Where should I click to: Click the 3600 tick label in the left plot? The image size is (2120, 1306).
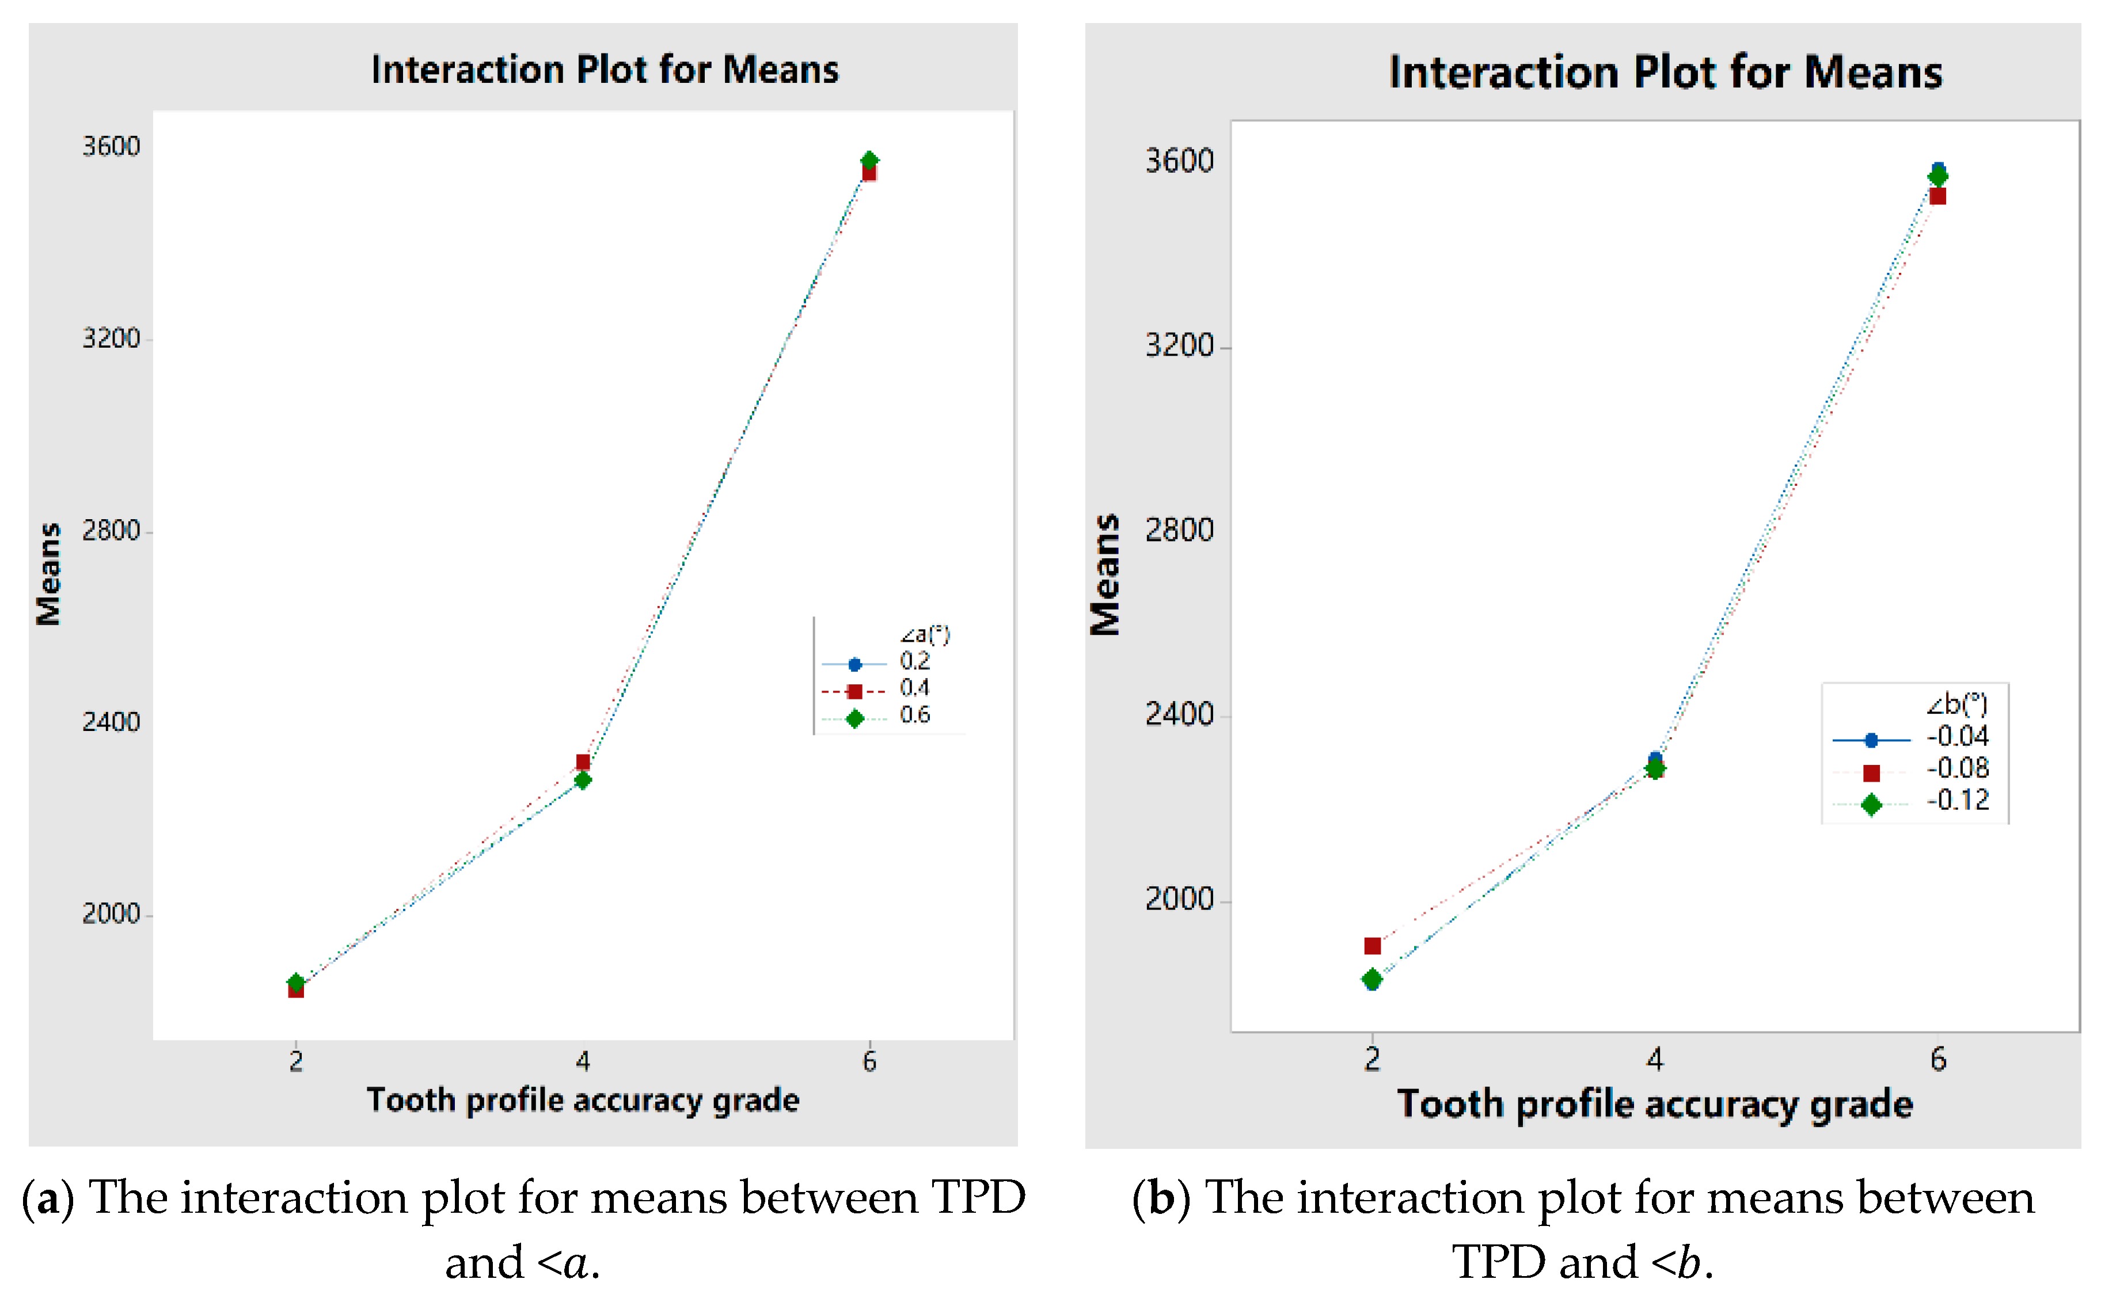(x=111, y=147)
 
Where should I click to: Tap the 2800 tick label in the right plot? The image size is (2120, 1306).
(x=1179, y=530)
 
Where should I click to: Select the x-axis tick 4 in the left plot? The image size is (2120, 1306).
(x=583, y=1061)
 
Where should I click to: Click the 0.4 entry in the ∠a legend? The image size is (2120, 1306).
(x=914, y=688)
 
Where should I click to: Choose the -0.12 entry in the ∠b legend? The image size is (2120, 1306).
(x=1956, y=801)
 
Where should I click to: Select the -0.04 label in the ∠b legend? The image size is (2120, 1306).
(x=1956, y=737)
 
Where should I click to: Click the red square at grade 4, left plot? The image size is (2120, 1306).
(x=583, y=762)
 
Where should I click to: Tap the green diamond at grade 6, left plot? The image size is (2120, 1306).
(x=870, y=161)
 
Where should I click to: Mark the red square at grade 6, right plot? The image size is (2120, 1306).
(x=1937, y=197)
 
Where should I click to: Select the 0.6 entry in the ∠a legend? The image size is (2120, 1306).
(x=914, y=715)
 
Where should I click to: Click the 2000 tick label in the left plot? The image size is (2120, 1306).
(x=111, y=914)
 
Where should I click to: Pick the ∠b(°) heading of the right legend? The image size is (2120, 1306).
(x=1956, y=705)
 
